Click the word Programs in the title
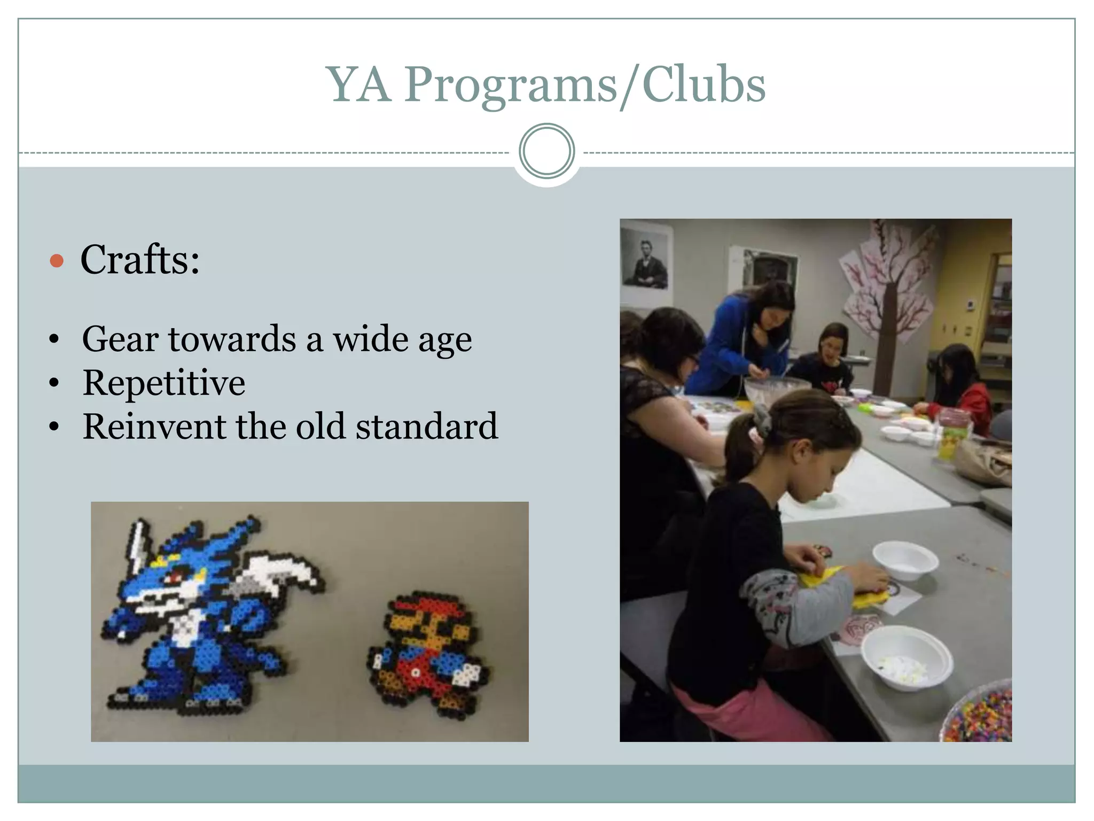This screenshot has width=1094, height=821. pyautogui.click(x=511, y=86)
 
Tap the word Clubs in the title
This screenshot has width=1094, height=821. pyautogui.click(x=704, y=86)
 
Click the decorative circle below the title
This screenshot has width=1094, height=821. pyautogui.click(x=546, y=151)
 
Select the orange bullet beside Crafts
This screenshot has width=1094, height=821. pyautogui.click(x=57, y=261)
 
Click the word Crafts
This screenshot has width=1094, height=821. pyautogui.click(x=140, y=260)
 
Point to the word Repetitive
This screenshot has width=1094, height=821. pyautogui.click(x=164, y=383)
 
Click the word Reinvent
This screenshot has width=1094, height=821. pyautogui.click(x=154, y=427)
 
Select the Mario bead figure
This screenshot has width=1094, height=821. pyautogui.click(x=427, y=652)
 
